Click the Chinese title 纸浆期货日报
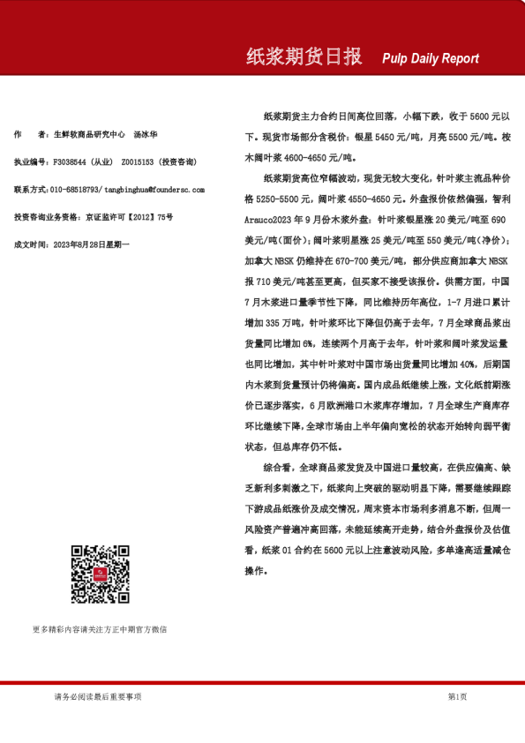click(x=304, y=57)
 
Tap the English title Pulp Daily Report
click(x=431, y=59)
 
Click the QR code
click(x=100, y=574)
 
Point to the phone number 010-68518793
click(x=75, y=189)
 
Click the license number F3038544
click(x=71, y=162)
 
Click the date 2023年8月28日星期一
click(x=92, y=243)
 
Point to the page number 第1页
click(x=457, y=696)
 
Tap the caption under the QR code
click(x=99, y=630)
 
